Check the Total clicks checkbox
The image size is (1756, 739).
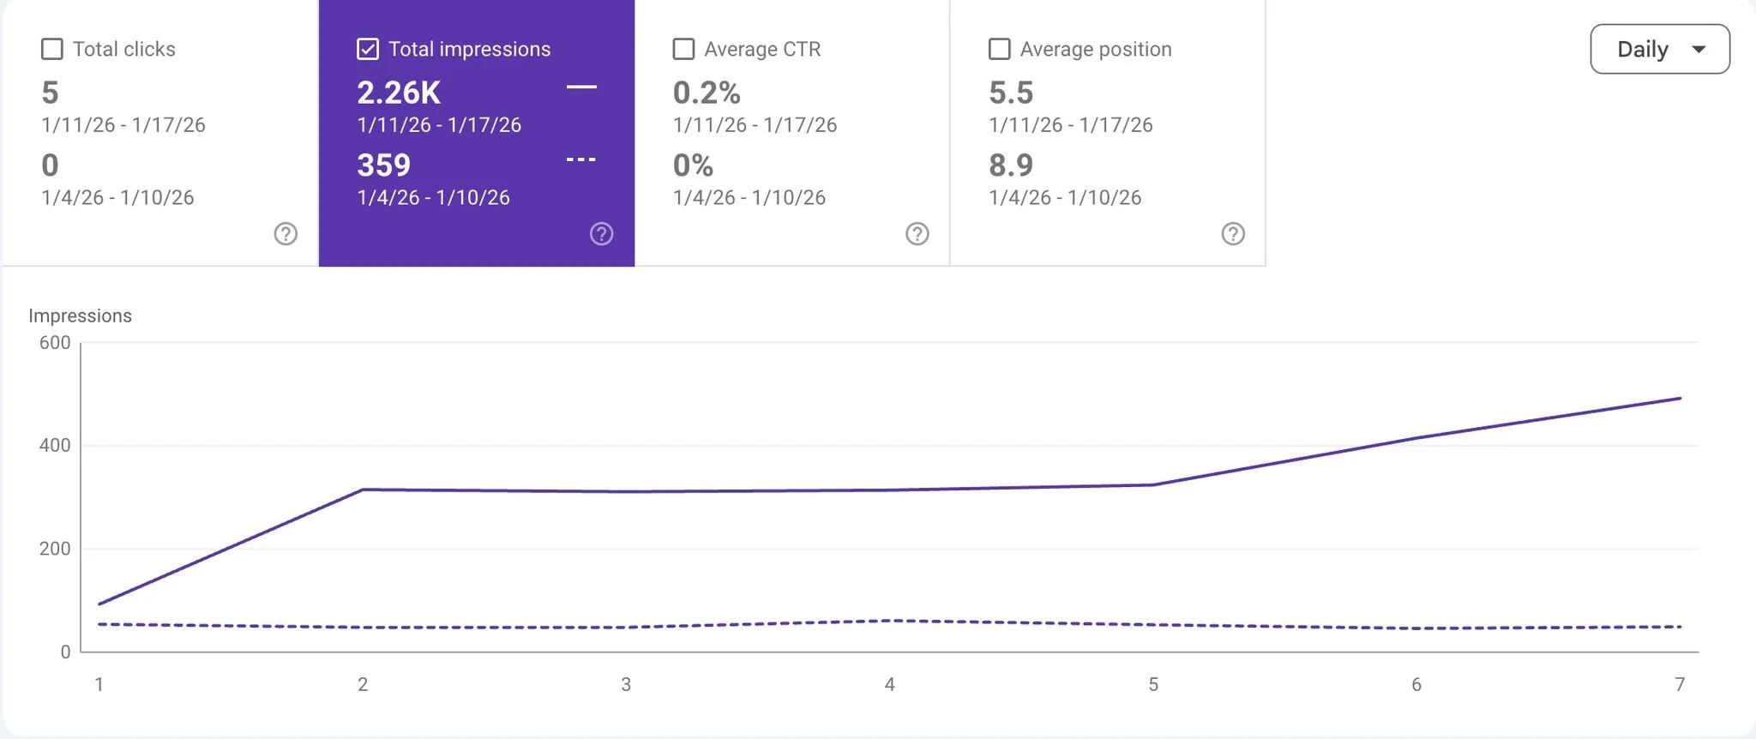click(52, 49)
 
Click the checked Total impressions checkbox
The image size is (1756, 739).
click(368, 49)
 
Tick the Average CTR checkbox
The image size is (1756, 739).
click(683, 49)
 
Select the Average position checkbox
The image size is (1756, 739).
click(999, 49)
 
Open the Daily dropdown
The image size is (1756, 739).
click(1659, 49)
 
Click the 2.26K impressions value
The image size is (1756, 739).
click(399, 93)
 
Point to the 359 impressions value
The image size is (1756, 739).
click(383, 165)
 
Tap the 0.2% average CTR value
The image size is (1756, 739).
click(707, 93)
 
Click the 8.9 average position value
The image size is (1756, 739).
click(1011, 165)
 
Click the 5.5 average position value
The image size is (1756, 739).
click(1011, 93)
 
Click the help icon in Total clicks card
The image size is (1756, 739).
click(286, 233)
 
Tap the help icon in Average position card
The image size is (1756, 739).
click(1233, 233)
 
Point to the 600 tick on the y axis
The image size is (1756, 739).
click(55, 343)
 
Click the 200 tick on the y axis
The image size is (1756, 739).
click(55, 549)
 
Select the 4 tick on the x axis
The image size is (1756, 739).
click(889, 684)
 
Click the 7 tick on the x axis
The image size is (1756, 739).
click(1680, 684)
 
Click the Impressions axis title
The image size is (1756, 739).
click(80, 315)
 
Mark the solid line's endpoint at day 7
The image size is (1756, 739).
click(1680, 399)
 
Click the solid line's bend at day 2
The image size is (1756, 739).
click(363, 490)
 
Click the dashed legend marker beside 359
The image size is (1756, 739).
click(580, 159)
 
